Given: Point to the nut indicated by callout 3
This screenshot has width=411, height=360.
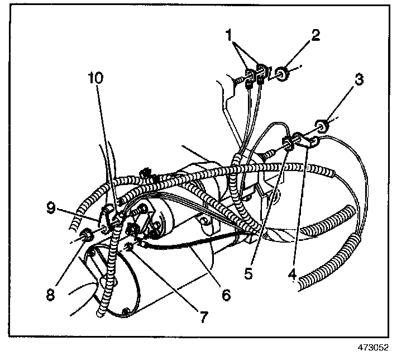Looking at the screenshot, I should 322,124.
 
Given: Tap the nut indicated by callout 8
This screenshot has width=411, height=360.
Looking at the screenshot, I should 87,235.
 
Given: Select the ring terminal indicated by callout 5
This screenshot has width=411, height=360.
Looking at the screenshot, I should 290,144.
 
